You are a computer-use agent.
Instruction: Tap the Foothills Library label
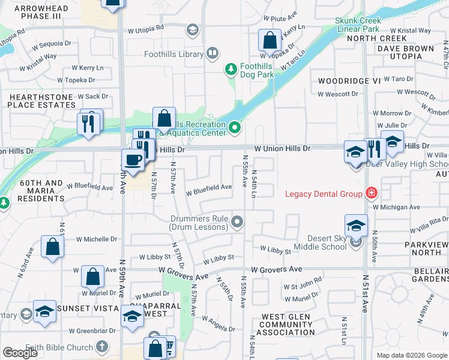[174, 54]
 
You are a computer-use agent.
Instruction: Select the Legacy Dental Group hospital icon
[372, 193]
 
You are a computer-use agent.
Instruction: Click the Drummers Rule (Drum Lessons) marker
[238, 223]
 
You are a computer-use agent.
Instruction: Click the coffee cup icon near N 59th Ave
[132, 160]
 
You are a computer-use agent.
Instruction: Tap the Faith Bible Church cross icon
[102, 347]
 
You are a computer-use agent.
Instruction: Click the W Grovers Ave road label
[277, 269]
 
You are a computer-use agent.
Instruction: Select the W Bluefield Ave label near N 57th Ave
[209, 187]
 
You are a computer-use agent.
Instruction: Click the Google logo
[20, 353]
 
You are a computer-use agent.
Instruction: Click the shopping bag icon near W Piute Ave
[270, 41]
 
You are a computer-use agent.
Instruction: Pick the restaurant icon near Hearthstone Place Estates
[89, 123]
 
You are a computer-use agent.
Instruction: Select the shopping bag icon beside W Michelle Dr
[53, 246]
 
